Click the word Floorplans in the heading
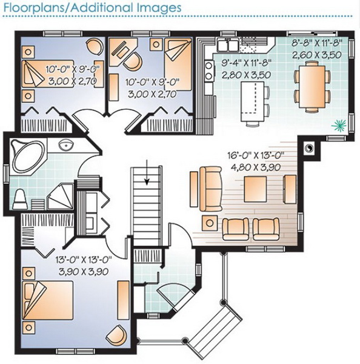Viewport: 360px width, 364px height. (35, 7)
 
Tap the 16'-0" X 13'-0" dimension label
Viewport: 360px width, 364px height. (256, 155)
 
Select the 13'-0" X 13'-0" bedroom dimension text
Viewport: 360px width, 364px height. (84, 260)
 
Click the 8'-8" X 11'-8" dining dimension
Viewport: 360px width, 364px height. (317, 43)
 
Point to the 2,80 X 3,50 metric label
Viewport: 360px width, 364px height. (246, 75)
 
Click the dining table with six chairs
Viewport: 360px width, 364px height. (312, 86)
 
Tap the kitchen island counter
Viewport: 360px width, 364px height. (253, 101)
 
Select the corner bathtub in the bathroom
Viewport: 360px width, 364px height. (28, 156)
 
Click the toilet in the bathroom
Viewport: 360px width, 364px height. (20, 200)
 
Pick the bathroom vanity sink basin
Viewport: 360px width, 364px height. (66, 146)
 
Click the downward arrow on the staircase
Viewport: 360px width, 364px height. (147, 172)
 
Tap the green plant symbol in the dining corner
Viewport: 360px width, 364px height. (339, 126)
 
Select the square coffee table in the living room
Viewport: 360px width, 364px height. (255, 189)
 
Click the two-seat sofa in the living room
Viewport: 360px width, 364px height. (211, 189)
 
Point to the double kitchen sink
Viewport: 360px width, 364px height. (227, 44)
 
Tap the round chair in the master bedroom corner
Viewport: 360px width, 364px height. (117, 335)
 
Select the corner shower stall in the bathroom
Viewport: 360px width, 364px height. (61, 196)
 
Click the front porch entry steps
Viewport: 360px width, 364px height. (215, 329)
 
